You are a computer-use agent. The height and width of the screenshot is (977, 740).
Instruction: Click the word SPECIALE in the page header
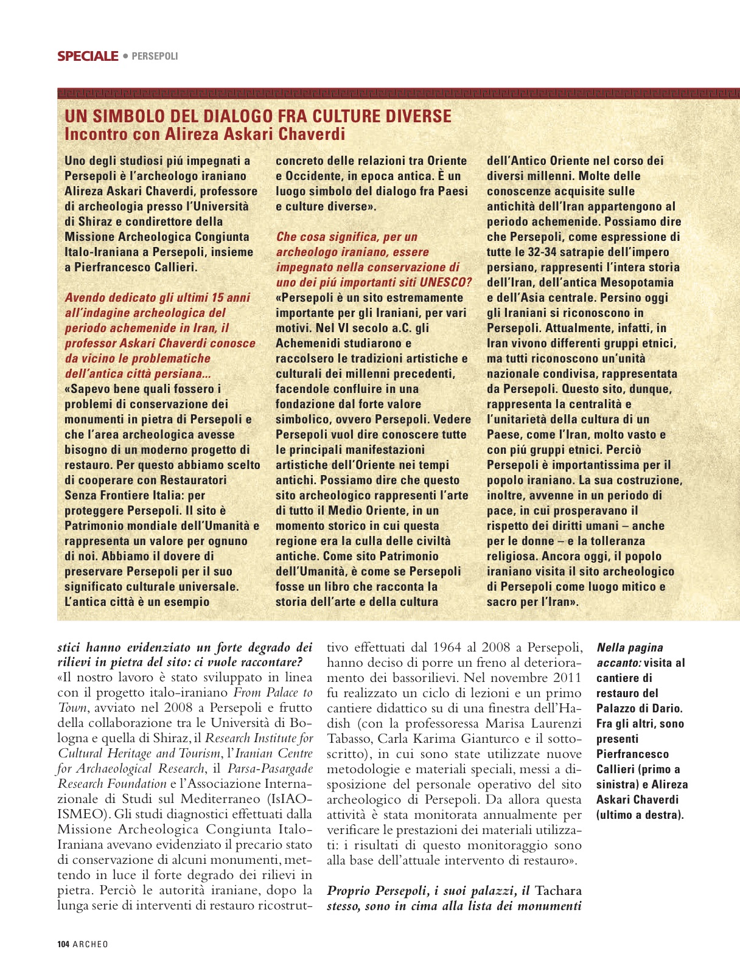[88, 57]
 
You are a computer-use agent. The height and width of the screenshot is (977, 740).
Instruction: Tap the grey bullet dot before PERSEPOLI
[125, 56]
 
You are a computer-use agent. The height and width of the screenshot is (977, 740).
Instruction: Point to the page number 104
[63, 944]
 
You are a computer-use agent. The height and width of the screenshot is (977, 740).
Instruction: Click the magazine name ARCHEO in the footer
[90, 944]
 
